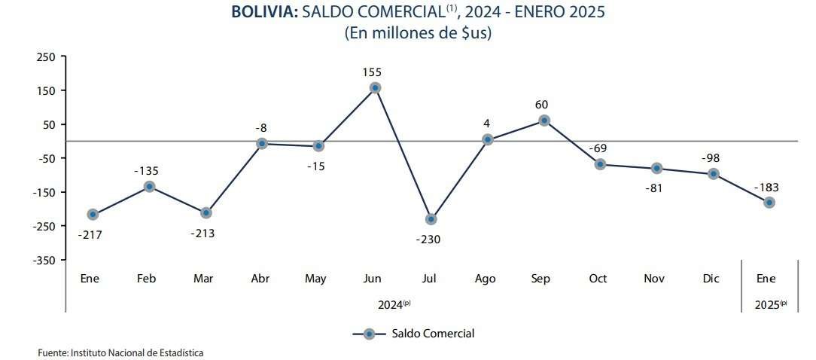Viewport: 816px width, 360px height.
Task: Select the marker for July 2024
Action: click(x=431, y=219)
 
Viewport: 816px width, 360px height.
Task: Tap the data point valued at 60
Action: click(x=543, y=121)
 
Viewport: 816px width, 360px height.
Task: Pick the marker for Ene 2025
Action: click(x=769, y=203)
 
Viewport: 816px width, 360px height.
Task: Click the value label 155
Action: click(x=372, y=72)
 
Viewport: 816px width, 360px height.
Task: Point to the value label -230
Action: click(x=428, y=239)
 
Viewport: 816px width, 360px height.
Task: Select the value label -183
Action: click(x=766, y=188)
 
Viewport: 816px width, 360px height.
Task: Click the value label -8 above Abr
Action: click(x=261, y=128)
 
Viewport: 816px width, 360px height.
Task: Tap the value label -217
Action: click(x=90, y=235)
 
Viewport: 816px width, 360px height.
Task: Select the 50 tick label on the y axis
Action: click(x=50, y=125)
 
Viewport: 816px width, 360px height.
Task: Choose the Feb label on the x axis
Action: click(x=147, y=279)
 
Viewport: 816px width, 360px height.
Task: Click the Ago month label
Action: click(x=486, y=279)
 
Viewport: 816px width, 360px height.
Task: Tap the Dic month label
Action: click(x=711, y=279)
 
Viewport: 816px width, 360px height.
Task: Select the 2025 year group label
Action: click(x=766, y=304)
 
